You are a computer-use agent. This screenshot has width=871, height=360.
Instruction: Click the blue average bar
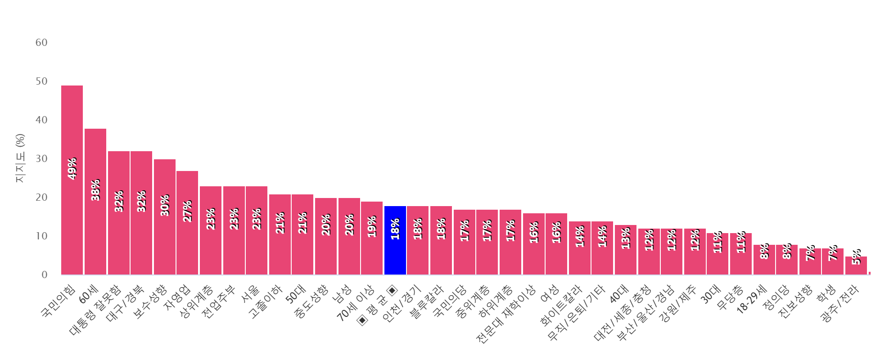(395, 240)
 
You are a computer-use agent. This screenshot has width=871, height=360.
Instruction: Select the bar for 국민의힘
(72, 180)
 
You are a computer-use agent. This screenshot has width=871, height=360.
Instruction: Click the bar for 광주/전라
(856, 265)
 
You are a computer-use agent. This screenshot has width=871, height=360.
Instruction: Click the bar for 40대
(626, 250)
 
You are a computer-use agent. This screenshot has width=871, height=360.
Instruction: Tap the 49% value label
(72, 169)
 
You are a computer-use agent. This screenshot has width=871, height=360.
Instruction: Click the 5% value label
(856, 257)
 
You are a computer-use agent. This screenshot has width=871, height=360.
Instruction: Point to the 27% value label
(187, 211)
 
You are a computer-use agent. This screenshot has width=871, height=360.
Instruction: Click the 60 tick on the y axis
(41, 43)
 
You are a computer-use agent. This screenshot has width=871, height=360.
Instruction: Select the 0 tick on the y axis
(44, 275)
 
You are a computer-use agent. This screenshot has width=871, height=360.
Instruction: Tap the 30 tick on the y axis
(41, 159)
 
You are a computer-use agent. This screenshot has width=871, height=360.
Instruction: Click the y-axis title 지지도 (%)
(20, 158)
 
